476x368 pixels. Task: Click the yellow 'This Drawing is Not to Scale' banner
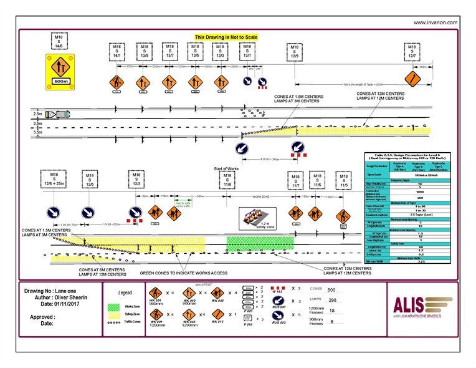coord(231,37)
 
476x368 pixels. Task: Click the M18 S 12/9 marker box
coord(293,52)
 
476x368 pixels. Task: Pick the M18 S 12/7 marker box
coord(412,52)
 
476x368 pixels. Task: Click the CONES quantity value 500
coord(331,290)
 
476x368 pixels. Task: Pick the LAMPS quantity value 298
coord(331,300)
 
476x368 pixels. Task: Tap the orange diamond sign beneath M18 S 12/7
coord(411,79)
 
